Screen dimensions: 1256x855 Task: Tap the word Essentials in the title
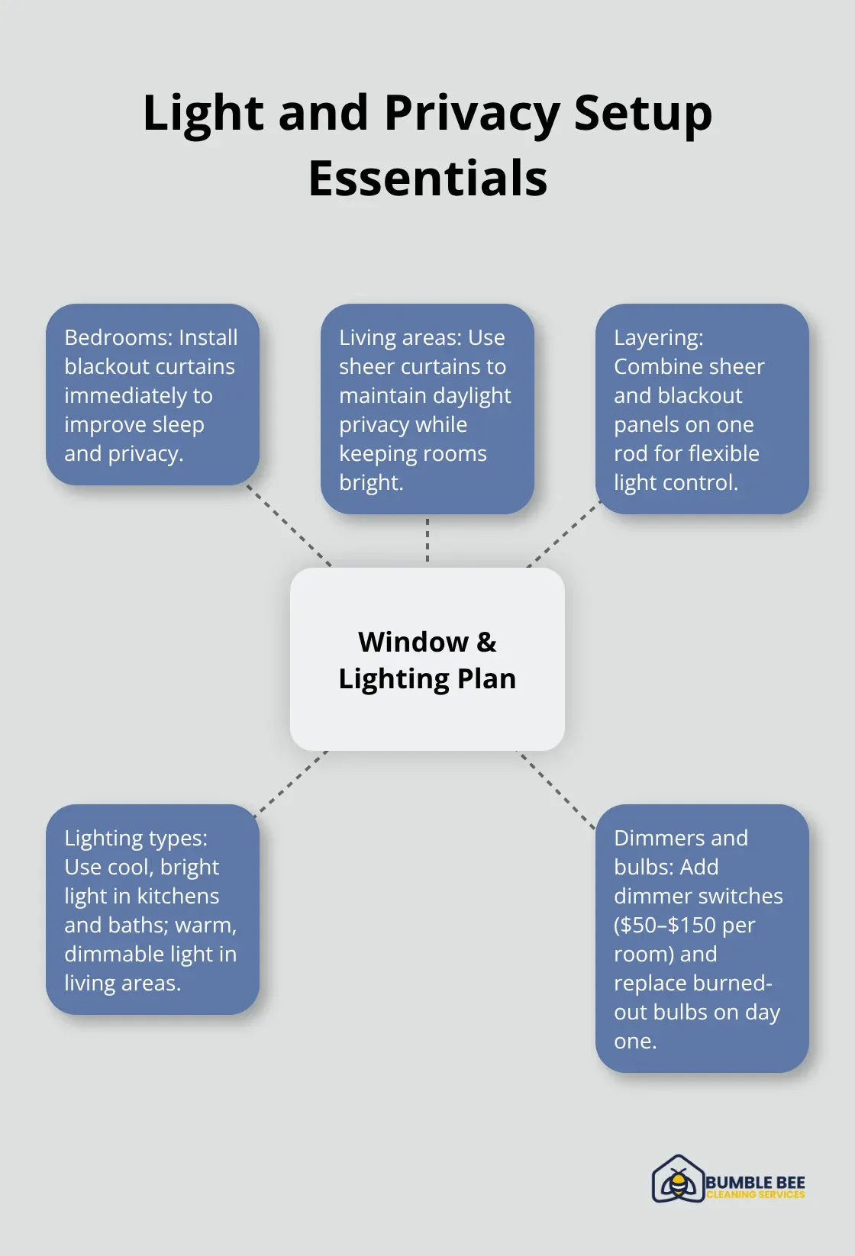click(427, 179)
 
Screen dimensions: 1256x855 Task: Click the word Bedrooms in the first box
click(107, 337)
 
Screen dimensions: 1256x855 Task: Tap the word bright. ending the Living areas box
click(371, 482)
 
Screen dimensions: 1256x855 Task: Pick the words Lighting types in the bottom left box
click(135, 838)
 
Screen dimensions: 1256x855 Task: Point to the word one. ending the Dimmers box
click(635, 1041)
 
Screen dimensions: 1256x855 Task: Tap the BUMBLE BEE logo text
click(755, 1182)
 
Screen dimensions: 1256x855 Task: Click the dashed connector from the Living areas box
click(427, 540)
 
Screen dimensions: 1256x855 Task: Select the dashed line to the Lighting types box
click(290, 784)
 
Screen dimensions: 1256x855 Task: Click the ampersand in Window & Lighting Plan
click(486, 642)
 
